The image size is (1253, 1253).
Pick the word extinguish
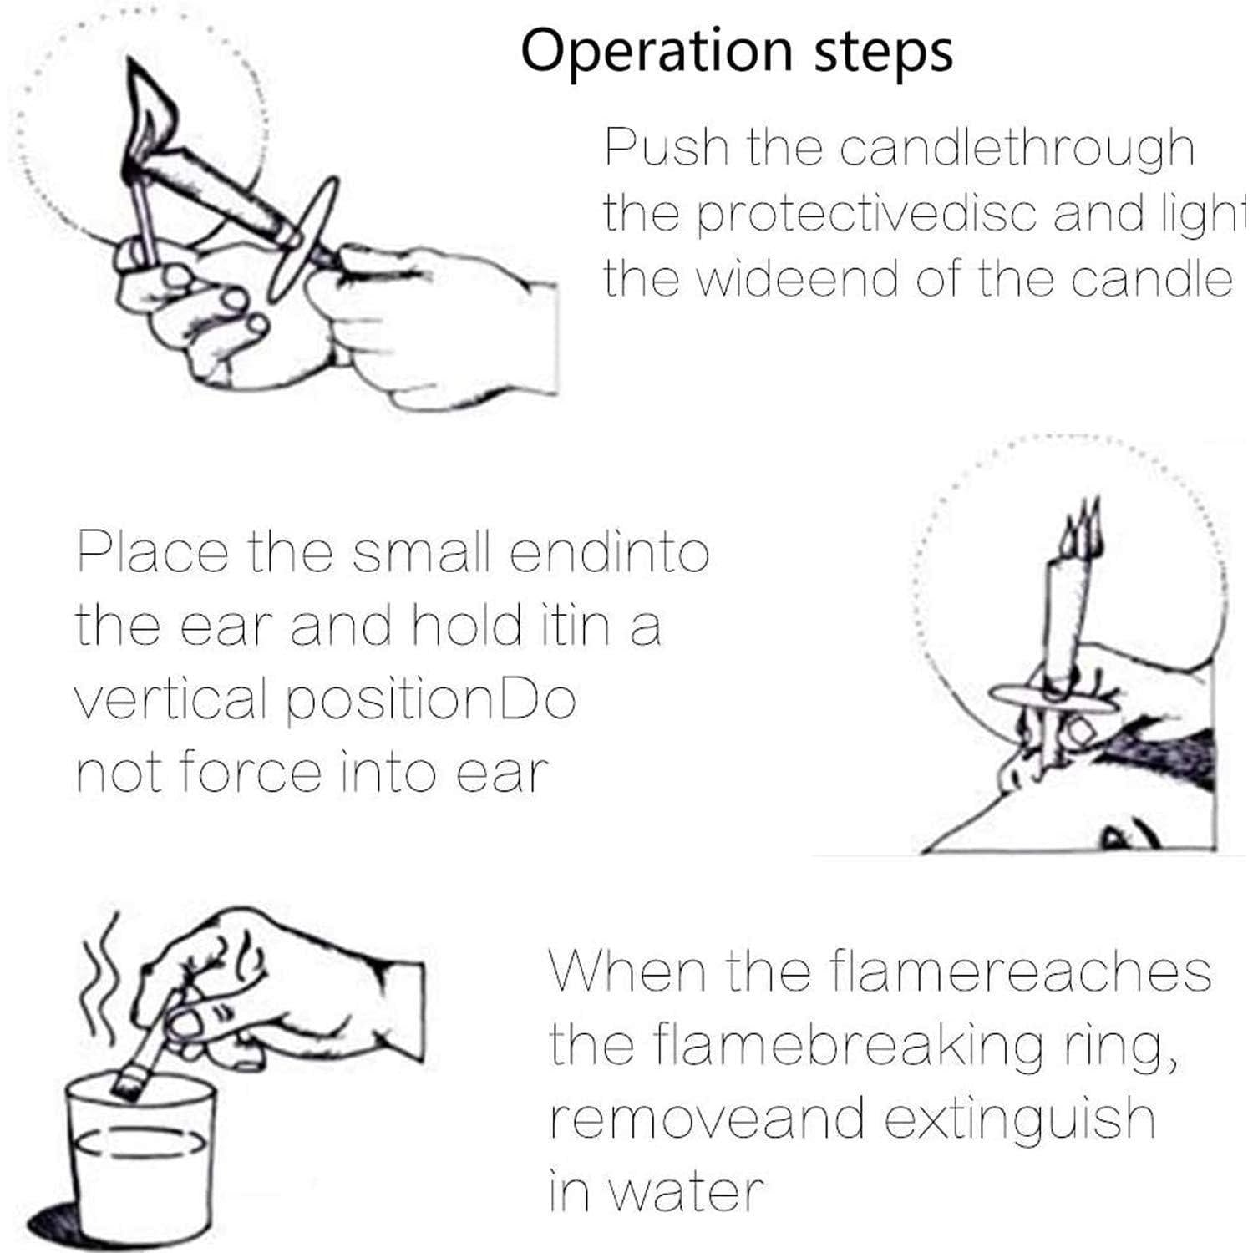coord(1019,1117)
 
